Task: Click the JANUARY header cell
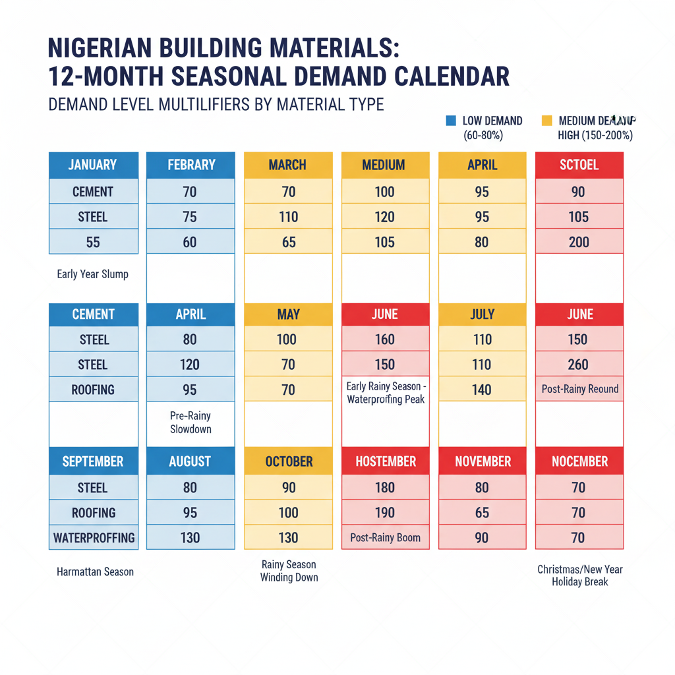[93, 165]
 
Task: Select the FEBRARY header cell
[190, 165]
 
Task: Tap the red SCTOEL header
[579, 165]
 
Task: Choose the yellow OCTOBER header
[289, 461]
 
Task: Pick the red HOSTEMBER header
[386, 461]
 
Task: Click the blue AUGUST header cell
[190, 461]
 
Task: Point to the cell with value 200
[579, 242]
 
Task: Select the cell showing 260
[579, 365]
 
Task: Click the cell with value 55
[93, 242]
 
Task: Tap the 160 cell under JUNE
[385, 339]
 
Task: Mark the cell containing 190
[385, 513]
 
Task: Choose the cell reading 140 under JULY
[482, 390]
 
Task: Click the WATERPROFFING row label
[93, 538]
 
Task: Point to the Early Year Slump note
[93, 274]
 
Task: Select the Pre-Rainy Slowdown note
[190, 423]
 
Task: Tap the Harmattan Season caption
[95, 572]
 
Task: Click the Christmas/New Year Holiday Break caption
[579, 575]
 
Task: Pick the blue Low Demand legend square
[451, 121]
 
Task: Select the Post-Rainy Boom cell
[385, 538]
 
